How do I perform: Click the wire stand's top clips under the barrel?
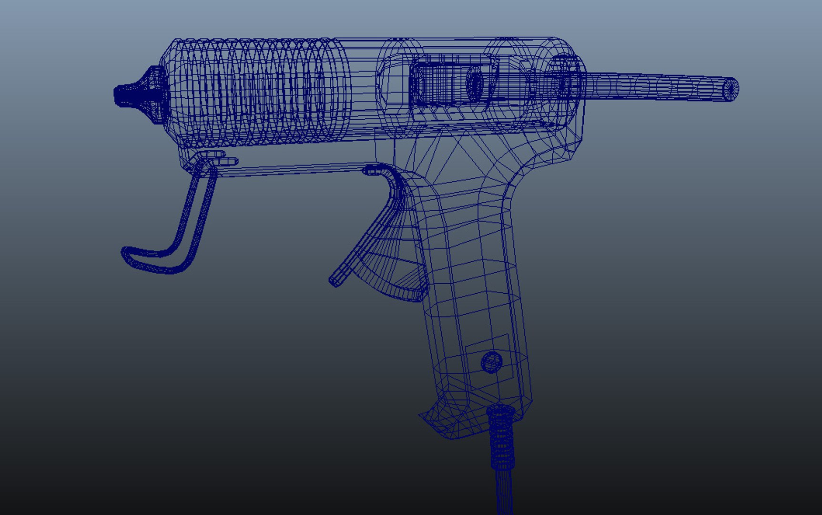point(217,158)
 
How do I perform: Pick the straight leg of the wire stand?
point(195,215)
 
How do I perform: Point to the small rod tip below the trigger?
point(335,280)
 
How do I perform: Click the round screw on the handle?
point(491,362)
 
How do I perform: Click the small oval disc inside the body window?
point(475,84)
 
